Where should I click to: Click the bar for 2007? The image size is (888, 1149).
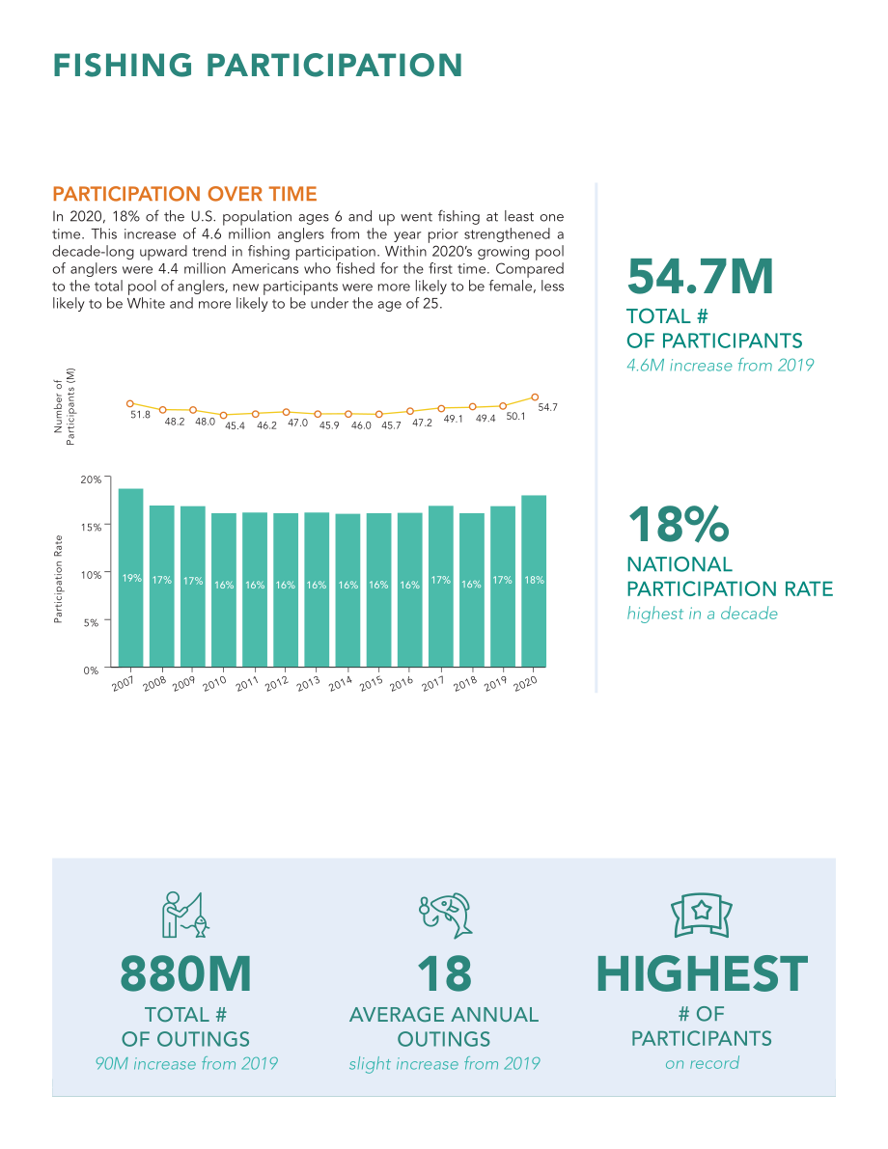pyautogui.click(x=130, y=578)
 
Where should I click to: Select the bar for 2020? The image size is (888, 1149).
pyautogui.click(x=534, y=581)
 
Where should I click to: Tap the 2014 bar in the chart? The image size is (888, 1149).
pyautogui.click(x=347, y=590)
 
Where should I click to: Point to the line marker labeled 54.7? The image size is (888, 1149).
pyautogui.click(x=535, y=397)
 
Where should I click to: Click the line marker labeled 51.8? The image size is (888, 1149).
pyautogui.click(x=129, y=404)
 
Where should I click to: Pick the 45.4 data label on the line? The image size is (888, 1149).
pyautogui.click(x=235, y=425)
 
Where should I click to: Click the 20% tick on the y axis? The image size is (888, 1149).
pyautogui.click(x=91, y=479)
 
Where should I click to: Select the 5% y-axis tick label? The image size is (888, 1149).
pyautogui.click(x=91, y=622)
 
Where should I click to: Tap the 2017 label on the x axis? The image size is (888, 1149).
pyautogui.click(x=432, y=683)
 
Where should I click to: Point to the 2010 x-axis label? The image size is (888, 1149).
pyautogui.click(x=214, y=683)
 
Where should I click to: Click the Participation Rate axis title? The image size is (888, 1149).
pyautogui.click(x=58, y=580)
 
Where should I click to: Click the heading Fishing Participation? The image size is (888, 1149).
pyautogui.click(x=258, y=66)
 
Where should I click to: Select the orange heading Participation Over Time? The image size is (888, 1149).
pyautogui.click(x=184, y=194)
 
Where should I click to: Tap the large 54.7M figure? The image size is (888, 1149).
pyautogui.click(x=701, y=276)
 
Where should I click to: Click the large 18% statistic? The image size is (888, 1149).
pyautogui.click(x=679, y=524)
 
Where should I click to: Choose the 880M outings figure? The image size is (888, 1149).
pyautogui.click(x=185, y=973)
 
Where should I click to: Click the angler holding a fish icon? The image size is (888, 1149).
pyautogui.click(x=185, y=915)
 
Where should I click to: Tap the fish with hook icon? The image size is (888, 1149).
pyautogui.click(x=445, y=916)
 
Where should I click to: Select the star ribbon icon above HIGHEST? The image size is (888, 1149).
pyautogui.click(x=702, y=915)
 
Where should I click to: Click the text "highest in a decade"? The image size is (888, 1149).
pyautogui.click(x=702, y=615)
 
